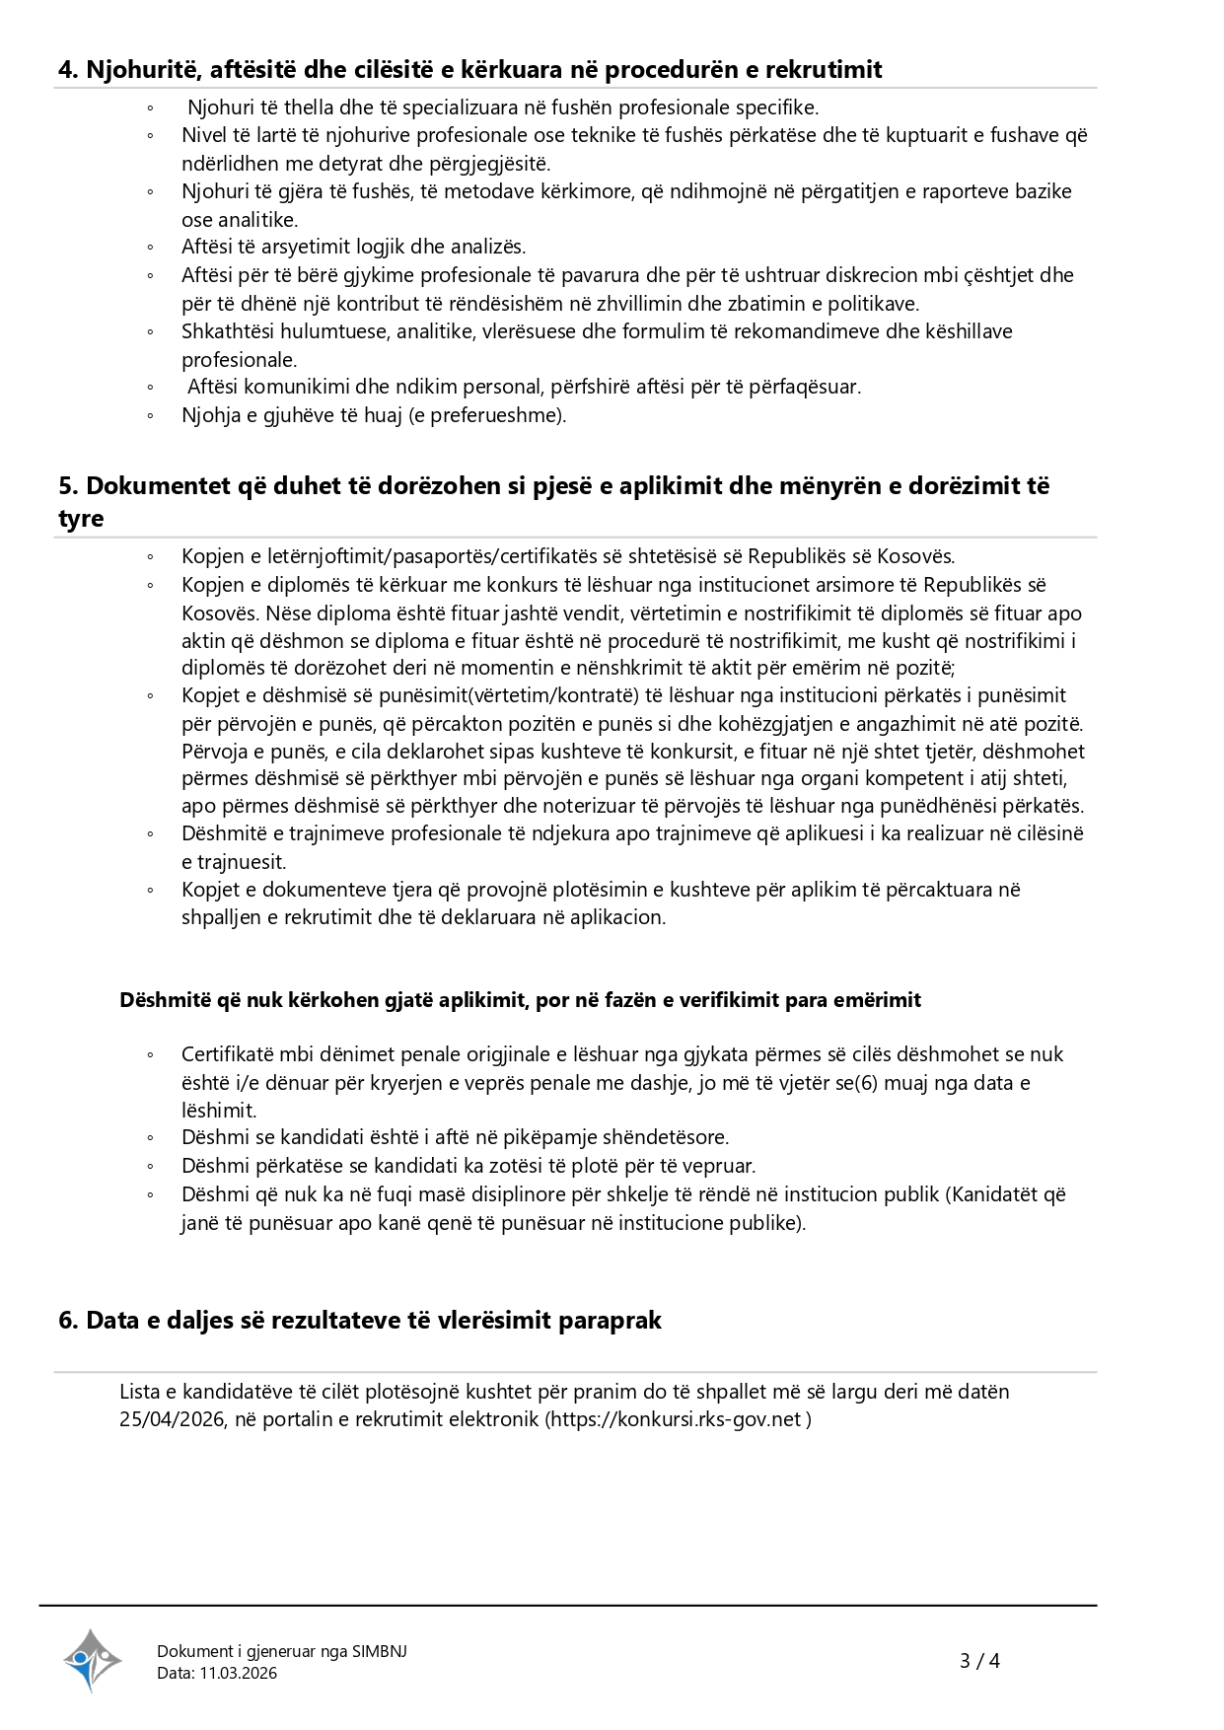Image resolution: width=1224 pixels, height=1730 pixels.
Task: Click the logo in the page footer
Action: tap(92, 1660)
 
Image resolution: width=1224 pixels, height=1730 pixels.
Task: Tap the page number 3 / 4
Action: tap(979, 1661)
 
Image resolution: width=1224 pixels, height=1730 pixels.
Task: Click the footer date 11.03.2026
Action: tap(238, 1673)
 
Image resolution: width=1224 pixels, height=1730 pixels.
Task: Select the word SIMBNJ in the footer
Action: tap(379, 1651)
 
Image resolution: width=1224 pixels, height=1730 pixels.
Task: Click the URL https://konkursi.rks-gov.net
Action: tap(676, 1419)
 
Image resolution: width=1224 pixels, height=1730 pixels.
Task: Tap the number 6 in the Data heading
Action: tap(67, 1320)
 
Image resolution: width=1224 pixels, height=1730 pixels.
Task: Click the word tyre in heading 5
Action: tap(81, 519)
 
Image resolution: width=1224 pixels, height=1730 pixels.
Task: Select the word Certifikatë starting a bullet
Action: tap(227, 1054)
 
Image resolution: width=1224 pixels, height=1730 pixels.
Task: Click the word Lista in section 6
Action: tap(139, 1392)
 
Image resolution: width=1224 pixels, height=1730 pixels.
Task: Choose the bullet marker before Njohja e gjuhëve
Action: tap(151, 416)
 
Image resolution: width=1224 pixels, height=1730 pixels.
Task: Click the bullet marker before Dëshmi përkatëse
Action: tap(151, 1167)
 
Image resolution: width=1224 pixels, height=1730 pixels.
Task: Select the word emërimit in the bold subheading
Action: tap(876, 1000)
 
